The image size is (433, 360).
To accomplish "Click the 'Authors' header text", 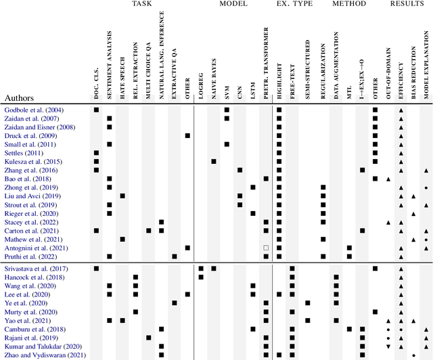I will pyautogui.click(x=21, y=97).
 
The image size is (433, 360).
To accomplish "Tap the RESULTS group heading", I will pyautogui.click(x=406, y=4).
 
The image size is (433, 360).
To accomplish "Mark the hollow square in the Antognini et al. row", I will pyautogui.click(x=266, y=248).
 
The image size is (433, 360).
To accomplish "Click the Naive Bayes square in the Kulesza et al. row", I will pyautogui.click(x=214, y=161).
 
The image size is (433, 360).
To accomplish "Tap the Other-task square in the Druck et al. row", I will pyautogui.click(x=187, y=135).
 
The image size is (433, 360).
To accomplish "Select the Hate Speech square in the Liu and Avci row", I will pyautogui.click(x=122, y=196).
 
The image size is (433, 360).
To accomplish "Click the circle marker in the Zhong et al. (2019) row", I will pyautogui.click(x=426, y=187).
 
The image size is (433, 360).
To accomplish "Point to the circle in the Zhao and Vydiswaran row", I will pyautogui.click(x=413, y=355).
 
